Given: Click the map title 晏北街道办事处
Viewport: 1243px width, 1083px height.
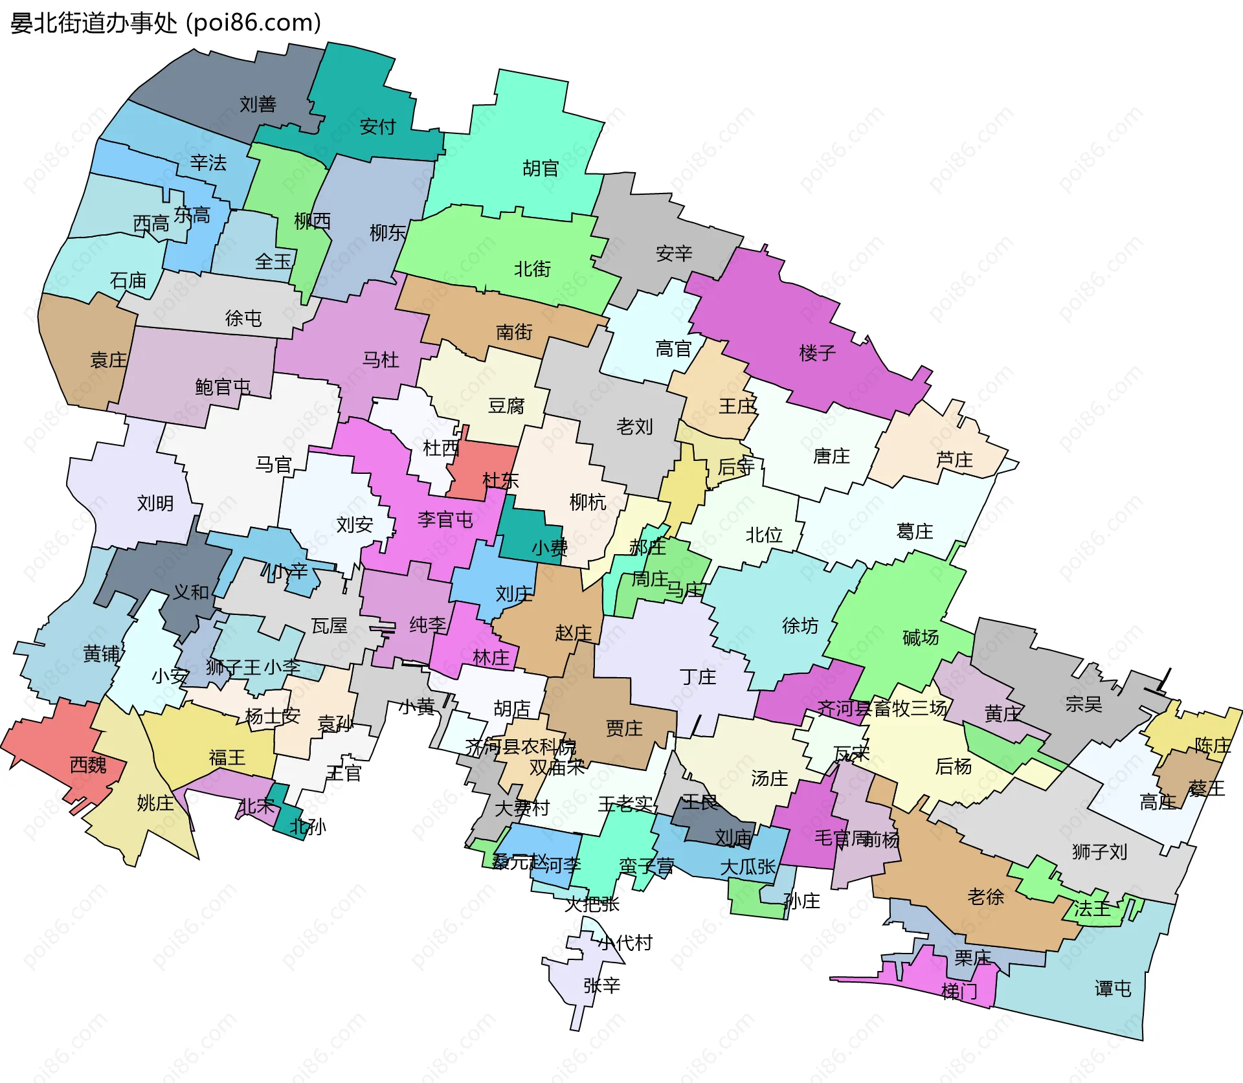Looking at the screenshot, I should pos(94,23).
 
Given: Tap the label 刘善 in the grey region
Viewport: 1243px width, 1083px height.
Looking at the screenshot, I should pos(258,104).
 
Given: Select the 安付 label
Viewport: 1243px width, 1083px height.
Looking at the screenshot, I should pos(377,126).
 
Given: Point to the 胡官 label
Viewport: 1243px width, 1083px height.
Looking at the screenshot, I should pos(541,168).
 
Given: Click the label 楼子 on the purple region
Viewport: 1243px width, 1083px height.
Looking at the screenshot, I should pos(818,353).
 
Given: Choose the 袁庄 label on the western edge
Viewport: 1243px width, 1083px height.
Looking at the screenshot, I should pos(108,360).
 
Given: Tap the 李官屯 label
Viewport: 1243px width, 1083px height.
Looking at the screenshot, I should pos(445,519).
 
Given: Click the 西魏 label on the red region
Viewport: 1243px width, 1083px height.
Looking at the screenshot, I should pos(88,765).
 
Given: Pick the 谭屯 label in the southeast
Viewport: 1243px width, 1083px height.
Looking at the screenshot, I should pos(1112,988).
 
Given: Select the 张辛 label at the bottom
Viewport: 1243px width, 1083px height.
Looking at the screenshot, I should pos(601,985).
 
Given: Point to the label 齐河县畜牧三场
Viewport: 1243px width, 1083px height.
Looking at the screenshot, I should pos(882,708).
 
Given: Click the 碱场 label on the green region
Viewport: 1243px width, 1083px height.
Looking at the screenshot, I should pos(920,638).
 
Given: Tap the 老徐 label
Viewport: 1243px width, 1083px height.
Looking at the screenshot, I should pos(985,897).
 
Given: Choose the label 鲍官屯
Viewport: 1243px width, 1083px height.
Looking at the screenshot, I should pos(223,387).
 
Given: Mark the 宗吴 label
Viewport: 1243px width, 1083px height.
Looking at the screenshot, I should pos(1083,704).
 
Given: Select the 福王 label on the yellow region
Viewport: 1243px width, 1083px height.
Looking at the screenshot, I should pos(227,757).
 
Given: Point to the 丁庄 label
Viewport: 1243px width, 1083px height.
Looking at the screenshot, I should pos(698,677).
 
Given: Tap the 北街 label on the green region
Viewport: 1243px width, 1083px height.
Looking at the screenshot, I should pos(532,269).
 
